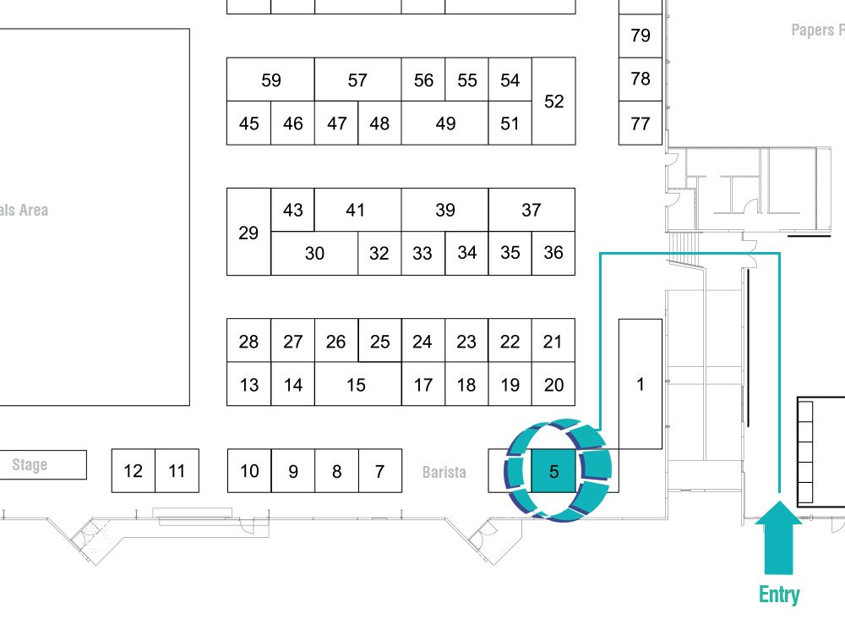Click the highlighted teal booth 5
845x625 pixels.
553,471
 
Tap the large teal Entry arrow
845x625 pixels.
779,538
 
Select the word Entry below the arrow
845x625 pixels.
779,595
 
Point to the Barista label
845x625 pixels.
444,472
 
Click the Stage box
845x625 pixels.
43,464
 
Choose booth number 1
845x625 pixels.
641,384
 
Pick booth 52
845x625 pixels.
554,101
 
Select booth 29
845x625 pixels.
248,232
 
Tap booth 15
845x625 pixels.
357,384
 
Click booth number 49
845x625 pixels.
445,123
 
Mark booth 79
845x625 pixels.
641,36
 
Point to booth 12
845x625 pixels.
134,471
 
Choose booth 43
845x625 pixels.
292,210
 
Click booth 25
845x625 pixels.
380,340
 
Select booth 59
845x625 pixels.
270,79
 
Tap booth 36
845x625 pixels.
553,254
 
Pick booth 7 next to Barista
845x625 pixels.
380,471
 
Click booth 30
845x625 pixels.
314,254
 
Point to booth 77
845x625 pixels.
641,123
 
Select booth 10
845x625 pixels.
249,471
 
